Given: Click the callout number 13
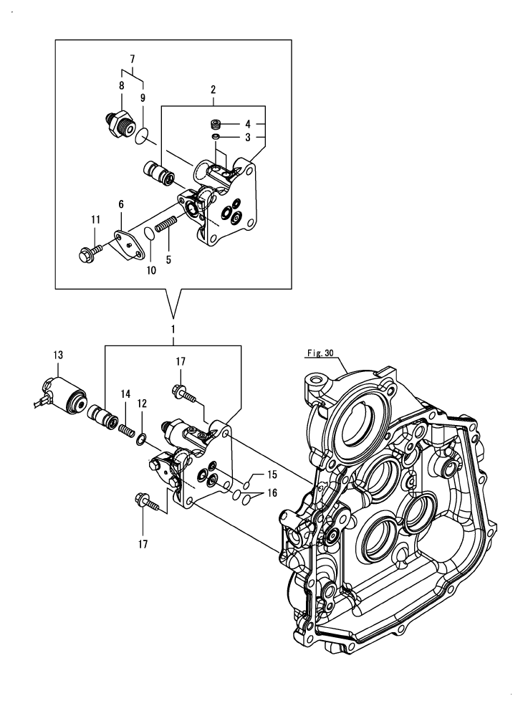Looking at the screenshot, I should point(58,355).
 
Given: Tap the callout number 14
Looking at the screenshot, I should point(125,393).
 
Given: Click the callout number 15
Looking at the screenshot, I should point(272,474).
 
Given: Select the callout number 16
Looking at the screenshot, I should point(272,494).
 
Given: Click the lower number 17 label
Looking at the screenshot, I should point(143,545).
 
